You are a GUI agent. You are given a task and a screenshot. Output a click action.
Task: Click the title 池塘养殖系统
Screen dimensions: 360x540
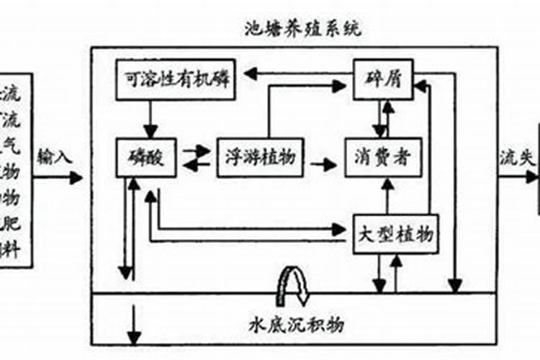(x=302, y=30)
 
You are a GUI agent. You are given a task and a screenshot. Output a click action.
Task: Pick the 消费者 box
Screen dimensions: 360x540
(x=382, y=157)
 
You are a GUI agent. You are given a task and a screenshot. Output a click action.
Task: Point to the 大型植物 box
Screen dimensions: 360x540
(x=394, y=234)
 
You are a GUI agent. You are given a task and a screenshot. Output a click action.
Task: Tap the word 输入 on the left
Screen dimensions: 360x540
(x=55, y=156)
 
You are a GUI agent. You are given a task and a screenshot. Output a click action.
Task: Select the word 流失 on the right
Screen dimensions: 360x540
(x=516, y=156)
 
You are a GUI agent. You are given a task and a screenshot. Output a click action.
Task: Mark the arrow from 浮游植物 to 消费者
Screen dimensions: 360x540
(x=323, y=165)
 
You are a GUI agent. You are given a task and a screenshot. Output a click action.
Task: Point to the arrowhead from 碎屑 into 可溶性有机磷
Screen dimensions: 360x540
(x=249, y=72)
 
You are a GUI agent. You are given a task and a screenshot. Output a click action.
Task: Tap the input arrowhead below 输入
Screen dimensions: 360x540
(x=76, y=177)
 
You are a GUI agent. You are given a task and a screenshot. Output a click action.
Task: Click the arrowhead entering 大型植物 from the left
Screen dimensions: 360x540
(x=339, y=230)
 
